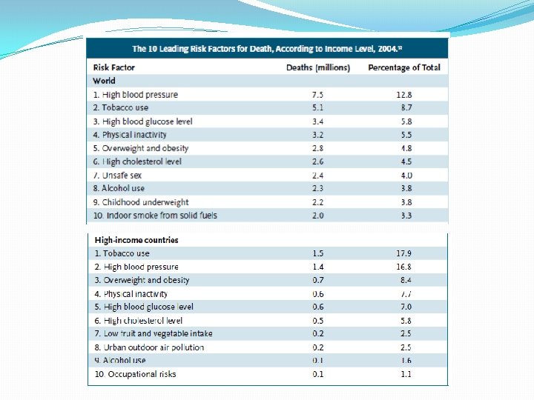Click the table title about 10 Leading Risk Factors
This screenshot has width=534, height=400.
click(268, 49)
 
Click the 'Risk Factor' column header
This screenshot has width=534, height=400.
click(113, 67)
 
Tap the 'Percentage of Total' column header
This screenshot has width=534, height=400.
click(403, 67)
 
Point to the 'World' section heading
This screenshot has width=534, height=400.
click(104, 81)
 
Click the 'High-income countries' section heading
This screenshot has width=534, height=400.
click(136, 240)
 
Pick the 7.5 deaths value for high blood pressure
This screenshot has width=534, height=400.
click(317, 95)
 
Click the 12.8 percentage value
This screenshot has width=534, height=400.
click(403, 95)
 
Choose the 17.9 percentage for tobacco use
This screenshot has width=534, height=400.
click(403, 253)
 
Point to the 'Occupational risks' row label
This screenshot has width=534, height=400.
click(135, 374)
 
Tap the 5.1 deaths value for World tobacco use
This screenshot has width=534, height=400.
click(317, 108)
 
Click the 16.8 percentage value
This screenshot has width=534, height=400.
click(403, 267)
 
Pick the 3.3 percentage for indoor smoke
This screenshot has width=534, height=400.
click(403, 216)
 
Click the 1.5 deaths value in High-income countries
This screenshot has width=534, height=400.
click(317, 253)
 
